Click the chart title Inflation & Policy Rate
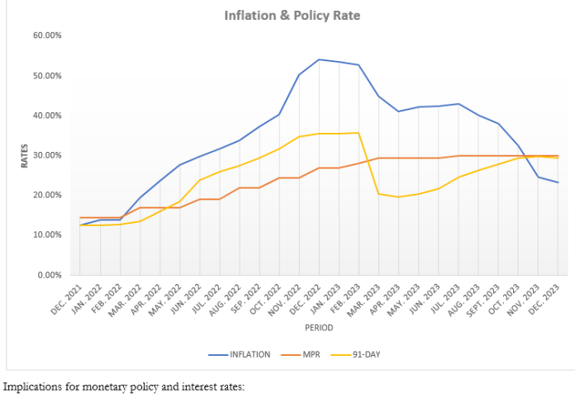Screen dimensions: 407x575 point(292,16)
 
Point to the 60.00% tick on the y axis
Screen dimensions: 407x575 point(47,35)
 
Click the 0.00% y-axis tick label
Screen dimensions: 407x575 point(50,274)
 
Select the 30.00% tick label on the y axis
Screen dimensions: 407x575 point(47,155)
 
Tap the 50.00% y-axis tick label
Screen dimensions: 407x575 point(47,76)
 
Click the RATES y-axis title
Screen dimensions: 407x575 point(24,155)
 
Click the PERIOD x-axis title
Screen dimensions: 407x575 point(318,328)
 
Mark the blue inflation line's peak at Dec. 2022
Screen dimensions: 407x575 point(319,59)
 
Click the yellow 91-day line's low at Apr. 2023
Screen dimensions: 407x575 point(398,196)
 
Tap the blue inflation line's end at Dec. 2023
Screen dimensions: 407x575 point(558,182)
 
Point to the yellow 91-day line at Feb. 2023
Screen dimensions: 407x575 point(359,133)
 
